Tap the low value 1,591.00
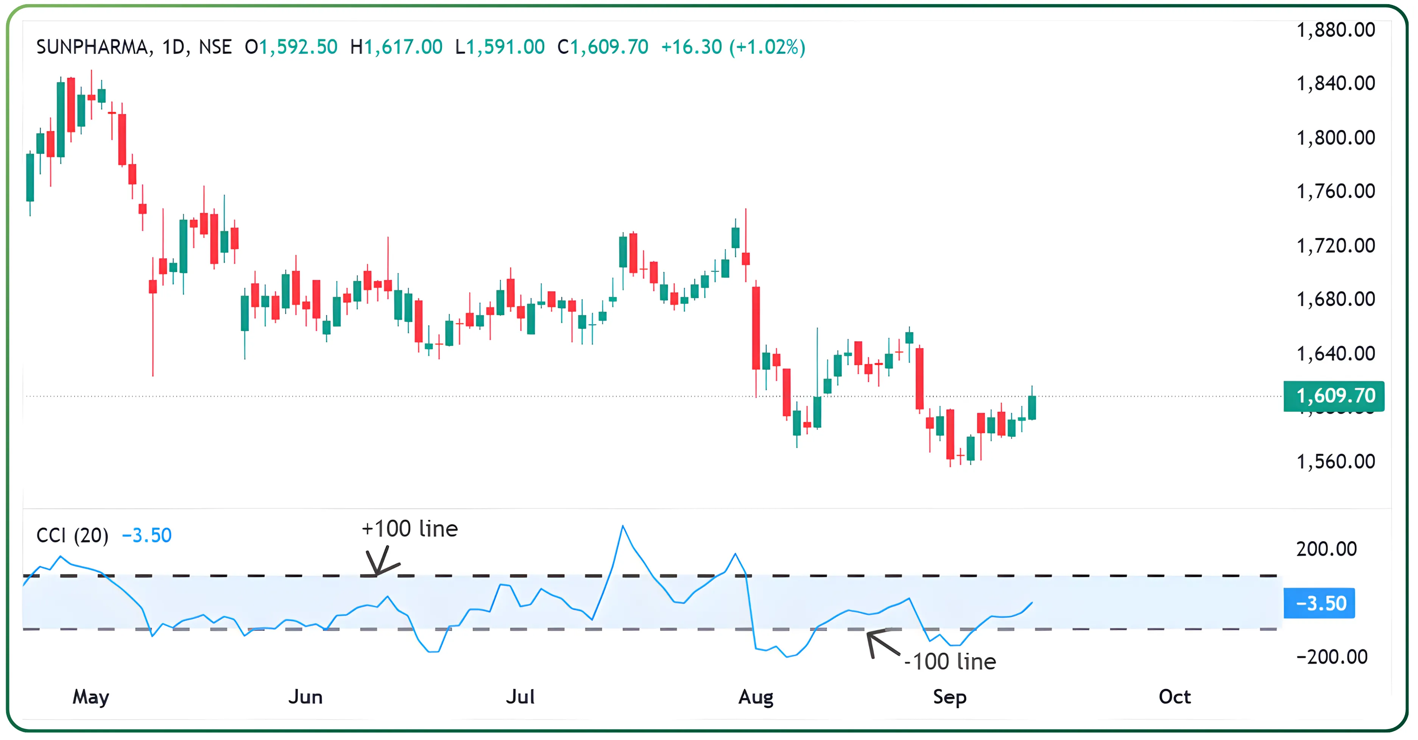pos(505,47)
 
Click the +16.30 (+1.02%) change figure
pos(733,47)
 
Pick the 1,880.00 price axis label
pos(1335,30)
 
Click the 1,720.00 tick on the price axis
pos(1335,246)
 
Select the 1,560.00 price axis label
pos(1335,461)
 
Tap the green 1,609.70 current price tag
pos(1334,396)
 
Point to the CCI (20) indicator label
pos(72,535)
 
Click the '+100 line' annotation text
pos(410,529)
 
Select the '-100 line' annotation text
pos(950,662)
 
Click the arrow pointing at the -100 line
pos(881,643)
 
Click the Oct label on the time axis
pos(1174,697)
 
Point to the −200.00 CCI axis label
pos(1332,657)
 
